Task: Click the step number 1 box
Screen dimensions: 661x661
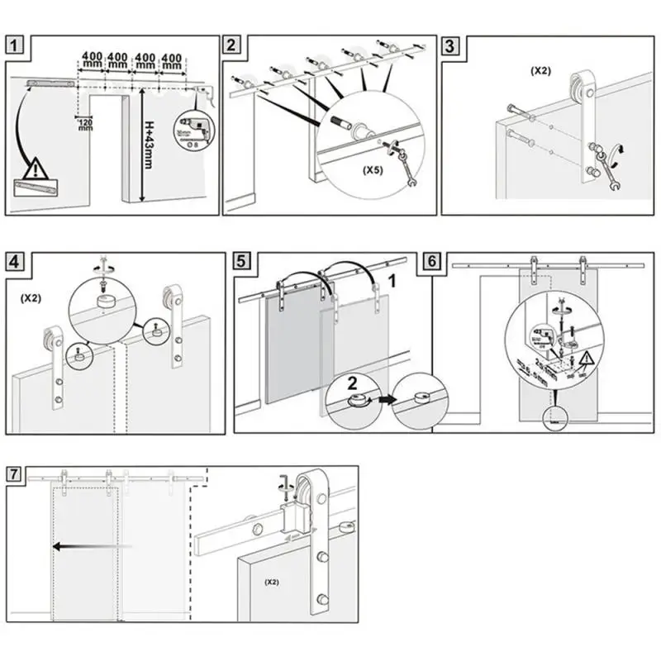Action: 17,45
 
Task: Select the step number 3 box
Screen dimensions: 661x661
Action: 449,45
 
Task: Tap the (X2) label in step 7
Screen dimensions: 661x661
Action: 272,583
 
